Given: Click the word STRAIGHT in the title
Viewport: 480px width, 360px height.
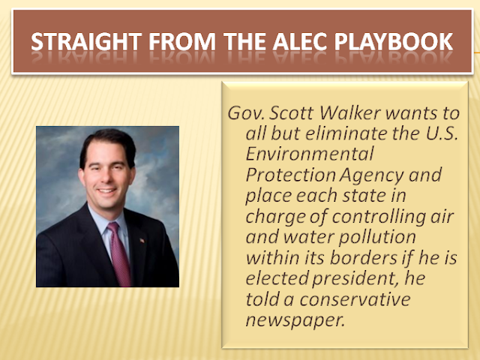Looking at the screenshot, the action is (86, 42).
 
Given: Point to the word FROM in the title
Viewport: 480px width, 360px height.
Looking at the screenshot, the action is (182, 42).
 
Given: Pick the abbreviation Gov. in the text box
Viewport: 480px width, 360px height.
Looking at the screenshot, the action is (246, 113).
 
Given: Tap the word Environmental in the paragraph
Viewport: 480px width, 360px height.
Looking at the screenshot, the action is (310, 154).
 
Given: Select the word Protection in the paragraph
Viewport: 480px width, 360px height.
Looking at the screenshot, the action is (290, 175).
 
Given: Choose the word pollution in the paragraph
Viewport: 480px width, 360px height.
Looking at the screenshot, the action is (377, 237).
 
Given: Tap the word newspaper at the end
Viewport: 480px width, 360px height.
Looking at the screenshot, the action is (295, 320).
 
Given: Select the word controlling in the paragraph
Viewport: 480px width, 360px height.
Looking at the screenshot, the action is (379, 217).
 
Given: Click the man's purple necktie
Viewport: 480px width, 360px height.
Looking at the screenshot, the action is (120, 253).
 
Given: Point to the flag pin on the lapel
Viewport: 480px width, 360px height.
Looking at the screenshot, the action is (142, 241).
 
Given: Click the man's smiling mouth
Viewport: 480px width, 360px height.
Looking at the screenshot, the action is (106, 191).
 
